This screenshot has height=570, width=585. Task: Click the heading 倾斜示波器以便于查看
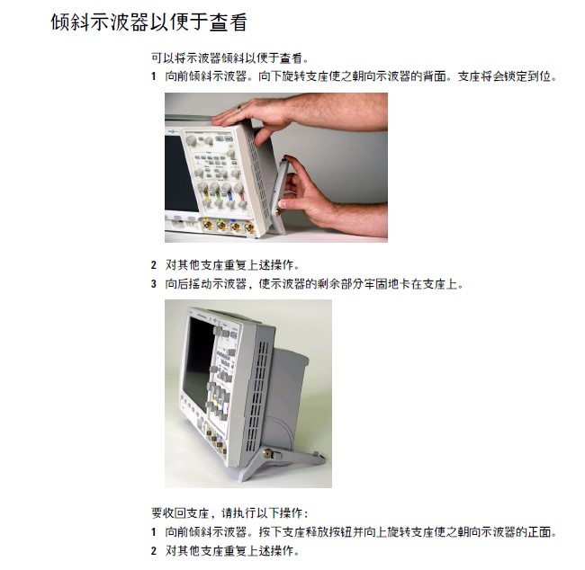[148, 22]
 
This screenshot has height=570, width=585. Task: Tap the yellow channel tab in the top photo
[206, 193]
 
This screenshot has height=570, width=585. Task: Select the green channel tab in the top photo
[218, 193]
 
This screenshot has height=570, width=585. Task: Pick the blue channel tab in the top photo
[230, 194]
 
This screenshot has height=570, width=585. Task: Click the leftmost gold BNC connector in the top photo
[207, 225]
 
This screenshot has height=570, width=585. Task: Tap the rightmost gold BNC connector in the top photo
[249, 227]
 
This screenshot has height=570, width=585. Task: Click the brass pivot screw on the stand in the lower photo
[267, 454]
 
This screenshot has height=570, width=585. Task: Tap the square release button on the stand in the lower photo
[277, 455]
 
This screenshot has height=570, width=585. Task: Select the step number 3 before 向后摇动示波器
[154, 284]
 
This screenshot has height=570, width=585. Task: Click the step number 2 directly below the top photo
[154, 265]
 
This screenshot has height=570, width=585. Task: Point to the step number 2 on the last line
[154, 550]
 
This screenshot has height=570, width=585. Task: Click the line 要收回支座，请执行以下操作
[229, 513]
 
